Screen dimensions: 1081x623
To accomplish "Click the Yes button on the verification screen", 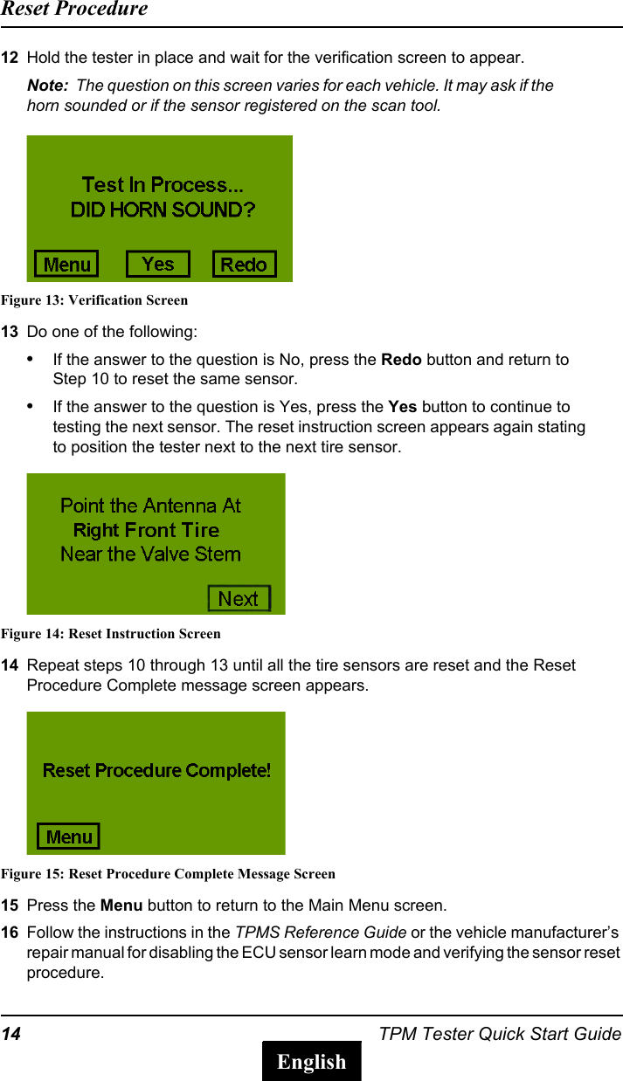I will [x=157, y=264].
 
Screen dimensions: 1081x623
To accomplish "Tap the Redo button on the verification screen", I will [x=244, y=265].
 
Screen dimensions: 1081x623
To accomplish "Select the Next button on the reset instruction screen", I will [x=239, y=598].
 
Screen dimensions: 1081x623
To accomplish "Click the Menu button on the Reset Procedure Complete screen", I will [x=68, y=837].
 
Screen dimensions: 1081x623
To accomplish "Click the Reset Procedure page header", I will [x=74, y=10].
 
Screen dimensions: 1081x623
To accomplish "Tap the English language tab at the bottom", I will [x=312, y=1061].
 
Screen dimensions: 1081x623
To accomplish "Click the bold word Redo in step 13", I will [x=402, y=360].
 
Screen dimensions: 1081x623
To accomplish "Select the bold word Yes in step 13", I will [x=402, y=407].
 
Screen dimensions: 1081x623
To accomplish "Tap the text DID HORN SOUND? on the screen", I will [x=163, y=210].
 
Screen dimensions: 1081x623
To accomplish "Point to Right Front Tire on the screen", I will [x=146, y=530].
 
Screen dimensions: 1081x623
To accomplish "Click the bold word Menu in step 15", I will [x=121, y=905].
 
